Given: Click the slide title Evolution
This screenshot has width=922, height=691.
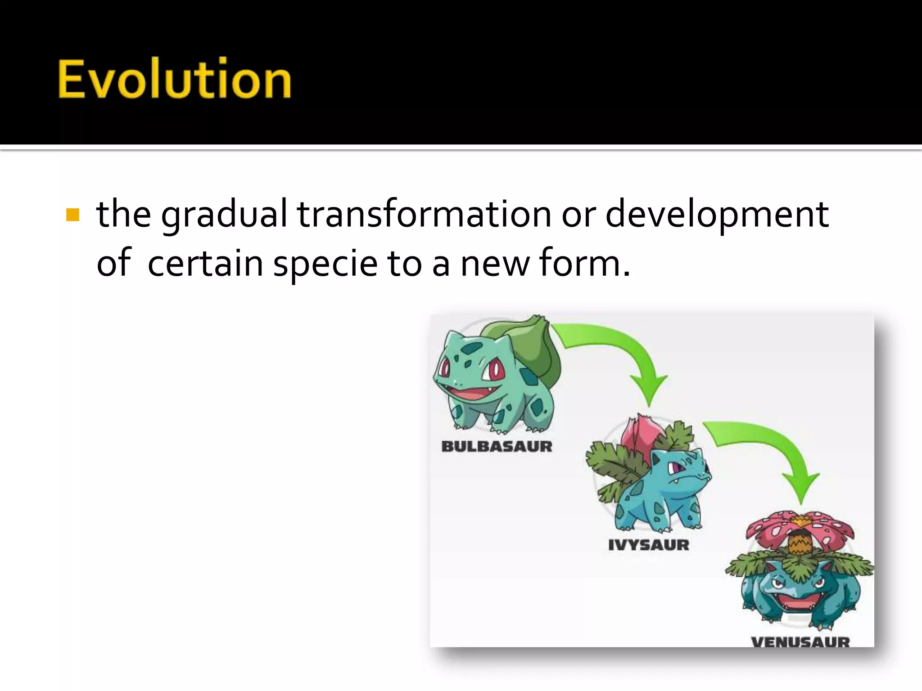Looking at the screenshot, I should coord(175,79).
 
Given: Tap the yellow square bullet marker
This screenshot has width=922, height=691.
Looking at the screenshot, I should coord(72,215).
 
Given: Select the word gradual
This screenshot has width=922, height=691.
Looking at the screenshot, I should coord(224,215).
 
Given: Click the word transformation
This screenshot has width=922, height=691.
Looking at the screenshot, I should coord(424,214).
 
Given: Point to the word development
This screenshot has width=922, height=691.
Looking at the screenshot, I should coord(717,215).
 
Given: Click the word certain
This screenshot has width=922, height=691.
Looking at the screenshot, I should coord(205,263).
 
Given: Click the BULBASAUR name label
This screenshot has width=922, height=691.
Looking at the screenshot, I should coord(497,446).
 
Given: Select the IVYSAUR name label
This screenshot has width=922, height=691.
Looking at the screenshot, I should coord(649,545).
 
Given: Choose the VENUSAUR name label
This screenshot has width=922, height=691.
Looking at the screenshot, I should coord(800,642).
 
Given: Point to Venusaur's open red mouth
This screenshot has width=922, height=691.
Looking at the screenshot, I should coord(798,601).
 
